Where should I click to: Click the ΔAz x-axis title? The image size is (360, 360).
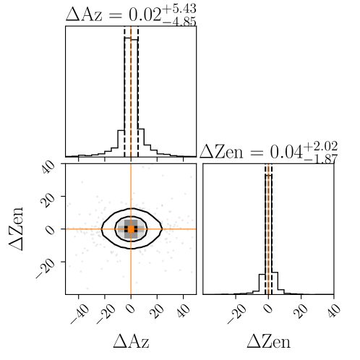[131, 341]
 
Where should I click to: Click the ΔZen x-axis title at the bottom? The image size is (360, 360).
[268, 341]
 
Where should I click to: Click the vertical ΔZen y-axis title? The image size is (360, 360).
[16, 229]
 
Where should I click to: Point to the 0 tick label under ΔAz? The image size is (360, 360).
[131, 309]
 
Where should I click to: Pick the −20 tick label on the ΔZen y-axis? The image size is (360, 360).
[46, 269]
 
